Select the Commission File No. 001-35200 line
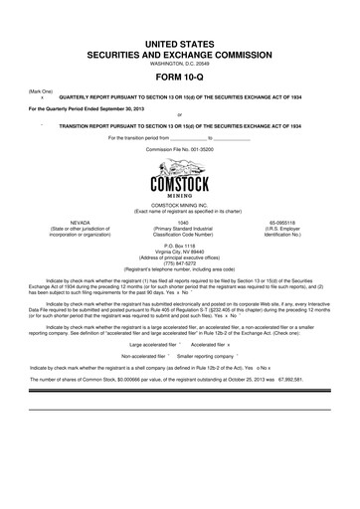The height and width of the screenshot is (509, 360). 179,147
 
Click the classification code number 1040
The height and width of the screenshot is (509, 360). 179,224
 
